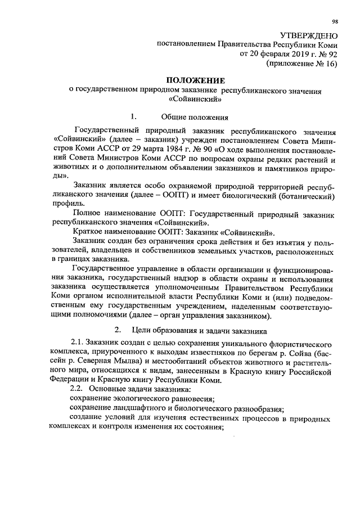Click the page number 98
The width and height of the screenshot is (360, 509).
point(335,22)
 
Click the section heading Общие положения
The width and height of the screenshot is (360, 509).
point(195,117)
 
